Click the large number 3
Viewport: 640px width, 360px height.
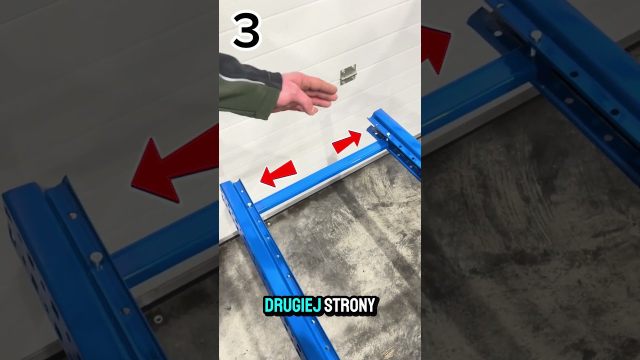(x=246, y=30)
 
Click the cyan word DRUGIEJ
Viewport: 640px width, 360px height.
(x=292, y=305)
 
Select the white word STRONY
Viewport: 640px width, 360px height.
(x=349, y=305)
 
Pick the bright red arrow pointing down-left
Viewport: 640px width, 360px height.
(x=278, y=173)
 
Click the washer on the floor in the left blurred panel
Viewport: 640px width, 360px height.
(x=158, y=319)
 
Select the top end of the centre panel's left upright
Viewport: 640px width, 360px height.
(x=229, y=183)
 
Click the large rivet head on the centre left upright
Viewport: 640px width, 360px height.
(x=249, y=204)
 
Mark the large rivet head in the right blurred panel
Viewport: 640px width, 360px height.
(x=536, y=35)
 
